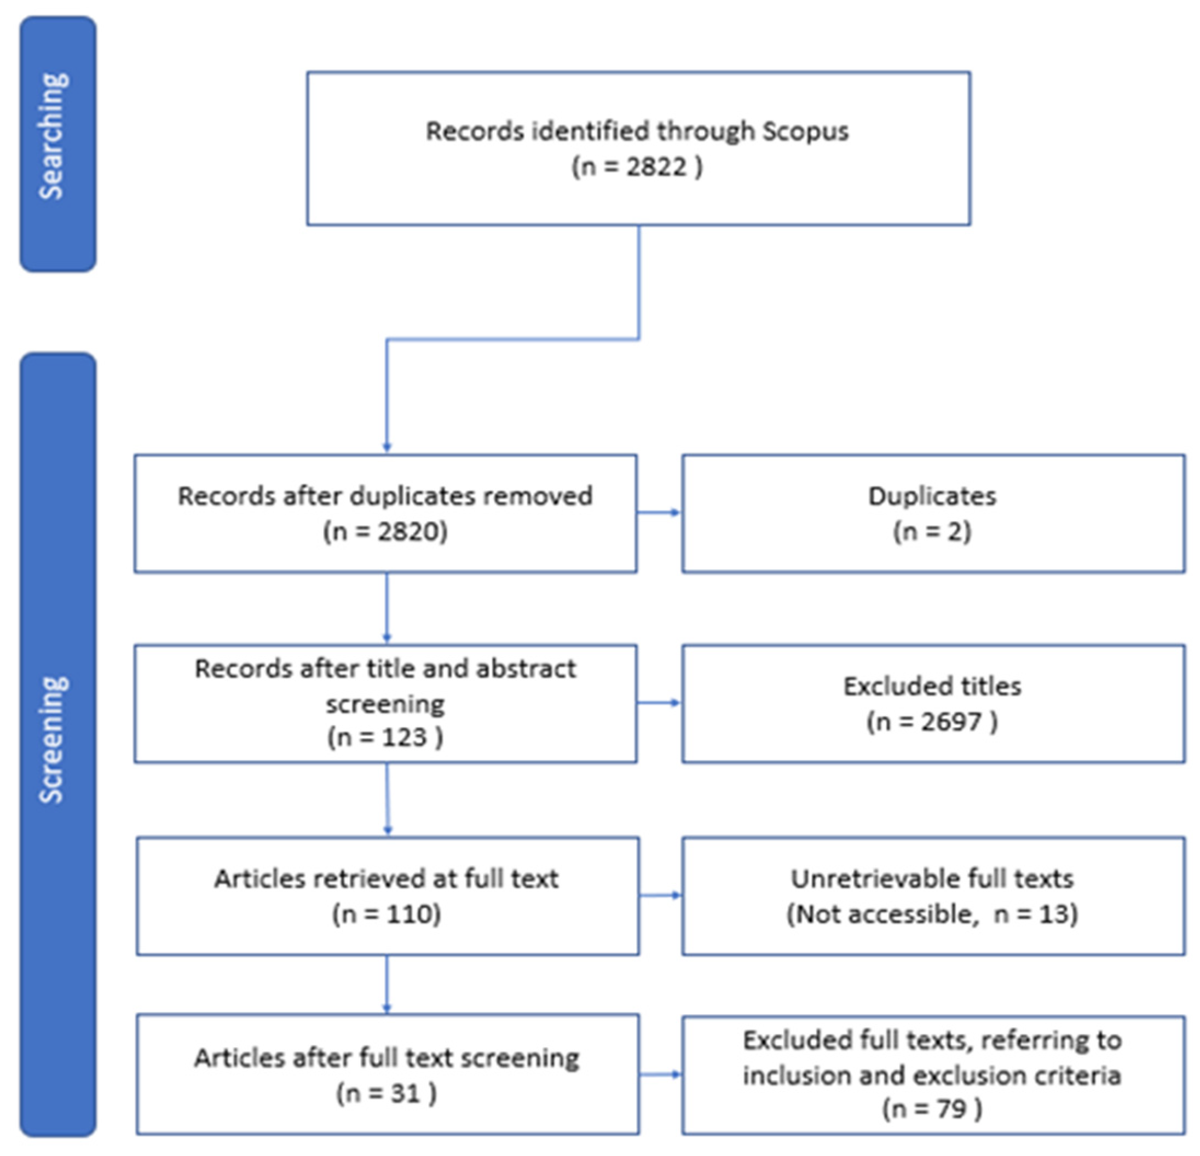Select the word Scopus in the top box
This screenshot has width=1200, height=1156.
pos(805,131)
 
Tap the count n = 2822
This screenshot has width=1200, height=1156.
pos(637,166)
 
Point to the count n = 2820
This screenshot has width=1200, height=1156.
pos(386,532)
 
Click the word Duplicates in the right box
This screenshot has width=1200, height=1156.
pos(932,496)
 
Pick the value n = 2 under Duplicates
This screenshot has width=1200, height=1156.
pos(932,532)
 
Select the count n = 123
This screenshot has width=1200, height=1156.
pos(384,737)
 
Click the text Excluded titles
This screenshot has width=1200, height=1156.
pos(932,686)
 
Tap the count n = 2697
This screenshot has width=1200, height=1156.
pos(932,722)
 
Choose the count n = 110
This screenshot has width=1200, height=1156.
pos(386,914)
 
